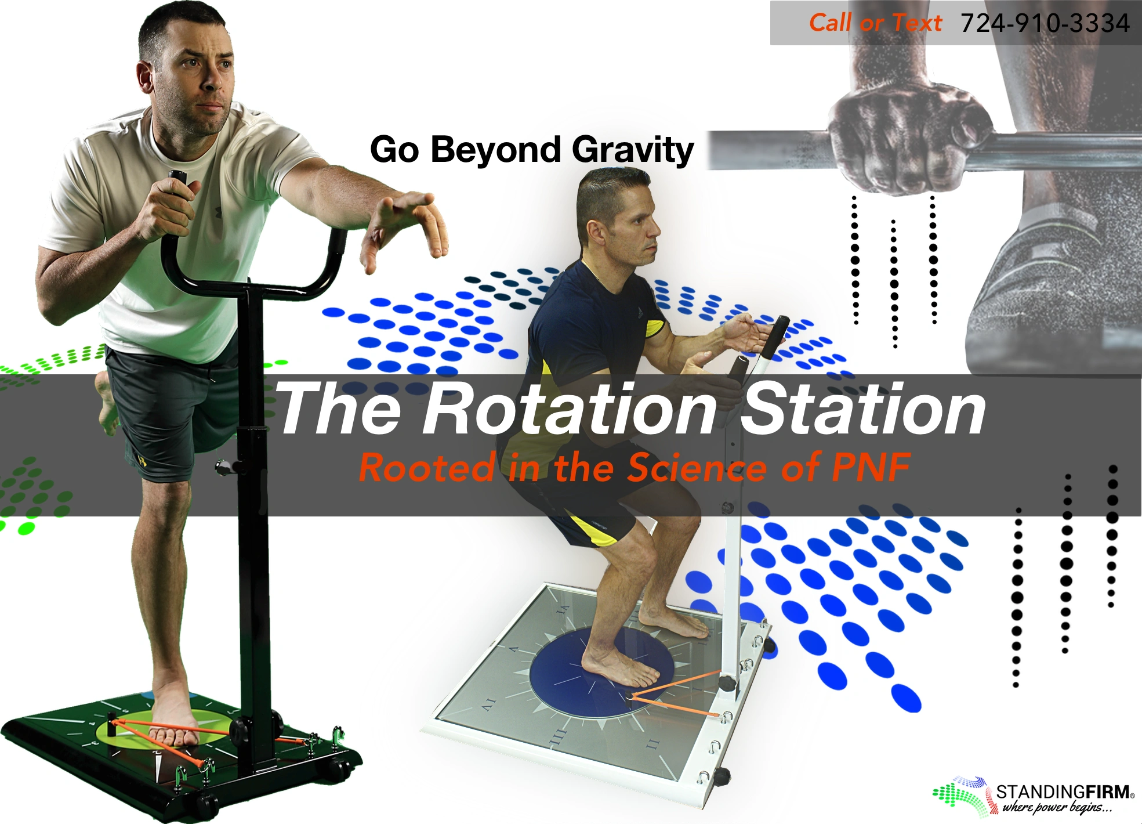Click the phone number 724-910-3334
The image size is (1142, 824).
[1045, 24]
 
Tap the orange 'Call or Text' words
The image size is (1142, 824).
[875, 23]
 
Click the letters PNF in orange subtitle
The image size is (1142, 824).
[871, 467]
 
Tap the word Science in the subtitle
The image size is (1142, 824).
[698, 467]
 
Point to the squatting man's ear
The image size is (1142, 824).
[594, 231]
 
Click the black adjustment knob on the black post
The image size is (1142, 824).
[223, 467]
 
